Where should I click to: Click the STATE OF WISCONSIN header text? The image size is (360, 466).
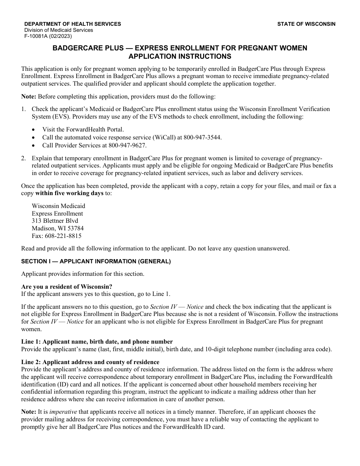tap(306, 24)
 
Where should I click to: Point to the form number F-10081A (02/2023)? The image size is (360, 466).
tap(48, 36)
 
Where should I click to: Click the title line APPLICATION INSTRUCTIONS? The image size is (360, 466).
tap(180, 56)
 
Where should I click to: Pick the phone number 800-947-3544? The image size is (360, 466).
tap(204, 138)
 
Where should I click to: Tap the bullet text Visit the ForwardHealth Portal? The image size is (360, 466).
tap(83, 130)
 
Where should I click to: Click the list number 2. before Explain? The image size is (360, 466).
tap(23, 158)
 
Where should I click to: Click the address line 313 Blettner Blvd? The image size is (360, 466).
tap(55, 221)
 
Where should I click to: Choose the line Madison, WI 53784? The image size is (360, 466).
tap(58, 228)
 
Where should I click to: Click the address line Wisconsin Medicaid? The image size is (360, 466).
tap(58, 206)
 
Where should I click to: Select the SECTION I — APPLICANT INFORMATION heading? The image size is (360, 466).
tap(96, 261)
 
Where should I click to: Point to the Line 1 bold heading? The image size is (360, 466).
tap(97, 342)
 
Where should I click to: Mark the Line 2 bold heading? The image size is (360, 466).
tap(90, 362)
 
